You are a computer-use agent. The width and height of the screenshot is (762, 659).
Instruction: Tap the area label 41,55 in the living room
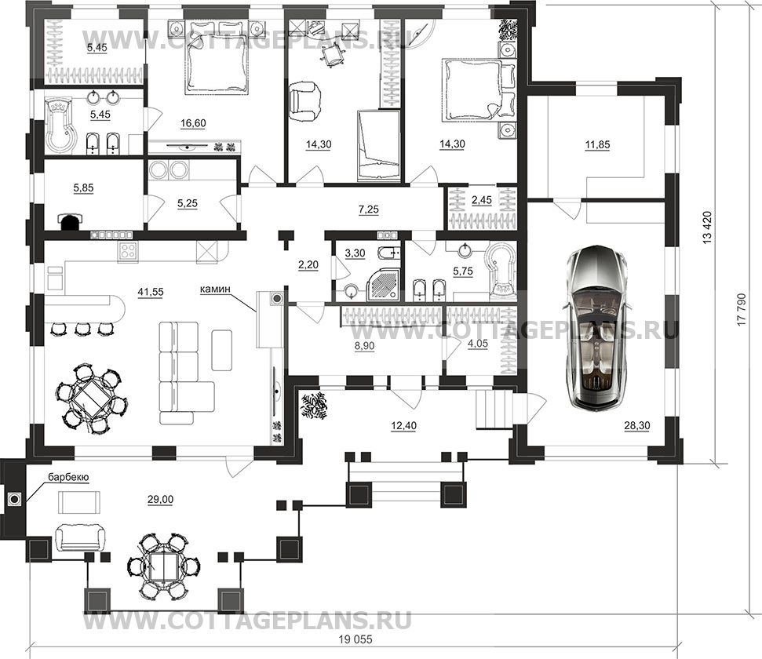pyautogui.click(x=151, y=292)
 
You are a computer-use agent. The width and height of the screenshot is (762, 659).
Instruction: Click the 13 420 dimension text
pyautogui.click(x=706, y=227)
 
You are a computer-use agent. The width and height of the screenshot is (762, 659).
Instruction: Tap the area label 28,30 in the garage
pyautogui.click(x=637, y=426)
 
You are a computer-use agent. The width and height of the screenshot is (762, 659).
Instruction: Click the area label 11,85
pyautogui.click(x=597, y=144)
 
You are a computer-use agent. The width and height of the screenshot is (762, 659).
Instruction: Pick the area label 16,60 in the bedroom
pyautogui.click(x=193, y=123)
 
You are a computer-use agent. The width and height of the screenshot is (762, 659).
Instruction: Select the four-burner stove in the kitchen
pyautogui.click(x=128, y=251)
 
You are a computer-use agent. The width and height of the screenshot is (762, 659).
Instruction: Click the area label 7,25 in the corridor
pyautogui.click(x=369, y=209)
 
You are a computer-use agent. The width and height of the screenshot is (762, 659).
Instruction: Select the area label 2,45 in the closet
pyautogui.click(x=482, y=200)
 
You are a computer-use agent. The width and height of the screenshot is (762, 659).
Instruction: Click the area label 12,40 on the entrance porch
pyautogui.click(x=404, y=426)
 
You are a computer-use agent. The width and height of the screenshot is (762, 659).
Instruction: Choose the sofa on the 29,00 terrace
pyautogui.click(x=81, y=537)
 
